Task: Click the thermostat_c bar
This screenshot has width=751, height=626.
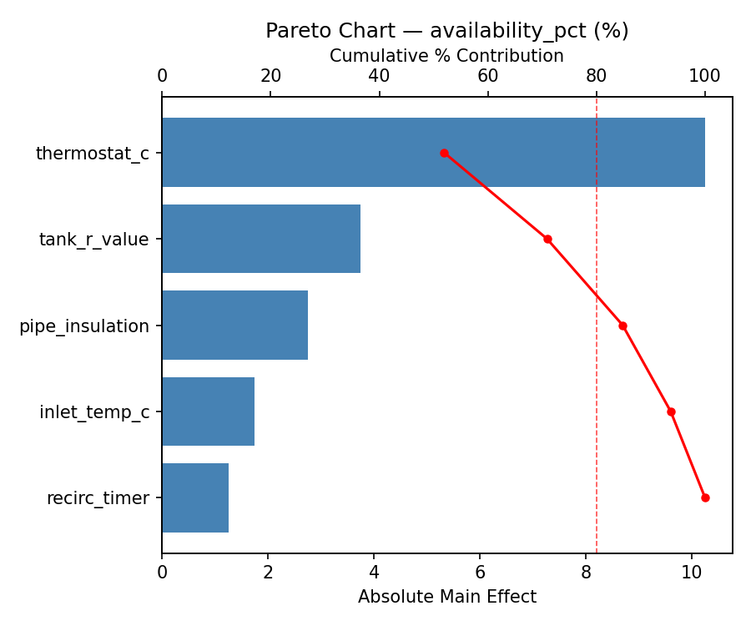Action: pyautogui.click(x=433, y=153)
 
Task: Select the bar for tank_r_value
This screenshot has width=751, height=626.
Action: pyautogui.click(x=261, y=239)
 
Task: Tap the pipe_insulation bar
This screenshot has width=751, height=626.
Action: pyautogui.click(x=234, y=326)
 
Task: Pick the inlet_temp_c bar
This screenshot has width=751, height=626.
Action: pyautogui.click(x=208, y=411)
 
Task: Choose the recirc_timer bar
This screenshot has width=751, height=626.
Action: pyautogui.click(x=195, y=497)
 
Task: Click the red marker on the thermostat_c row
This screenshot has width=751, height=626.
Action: pyautogui.click(x=444, y=153)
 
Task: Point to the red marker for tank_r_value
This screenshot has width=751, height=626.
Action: pyautogui.click(x=547, y=239)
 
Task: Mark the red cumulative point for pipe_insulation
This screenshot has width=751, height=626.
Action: pyautogui.click(x=622, y=326)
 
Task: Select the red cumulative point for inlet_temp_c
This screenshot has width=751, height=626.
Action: pyautogui.click(x=671, y=411)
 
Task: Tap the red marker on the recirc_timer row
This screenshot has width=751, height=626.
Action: pyautogui.click(x=705, y=497)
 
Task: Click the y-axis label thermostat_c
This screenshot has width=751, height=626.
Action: pyautogui.click(x=92, y=154)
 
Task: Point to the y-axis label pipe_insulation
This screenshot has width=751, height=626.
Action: pyautogui.click(x=84, y=326)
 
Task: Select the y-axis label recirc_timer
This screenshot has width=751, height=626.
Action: pyautogui.click(x=98, y=498)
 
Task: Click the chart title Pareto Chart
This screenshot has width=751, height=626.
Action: pyautogui.click(x=446, y=31)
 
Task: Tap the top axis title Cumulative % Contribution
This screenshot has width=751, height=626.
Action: pyautogui.click(x=446, y=56)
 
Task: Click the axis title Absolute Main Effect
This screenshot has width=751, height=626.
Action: pyautogui.click(x=446, y=597)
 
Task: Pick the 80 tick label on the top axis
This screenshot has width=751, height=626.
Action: pyautogui.click(x=596, y=77)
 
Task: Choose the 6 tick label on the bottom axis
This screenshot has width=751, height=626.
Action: pyautogui.click(x=480, y=573)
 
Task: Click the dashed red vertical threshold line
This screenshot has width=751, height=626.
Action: pyautogui.click(x=597, y=376)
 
